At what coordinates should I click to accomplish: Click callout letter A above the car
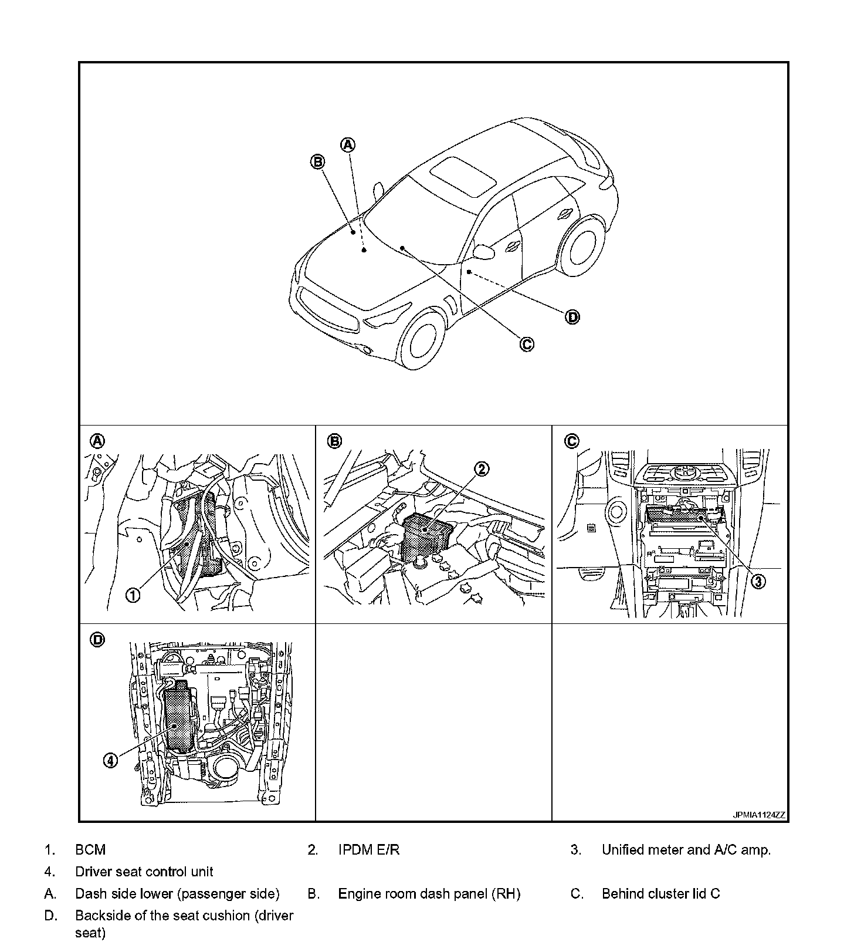348,144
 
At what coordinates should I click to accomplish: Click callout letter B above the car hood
317,162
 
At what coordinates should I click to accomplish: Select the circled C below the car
527,344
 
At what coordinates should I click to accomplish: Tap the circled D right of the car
572,318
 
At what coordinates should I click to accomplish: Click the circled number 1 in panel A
133,595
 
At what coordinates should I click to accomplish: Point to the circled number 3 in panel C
758,581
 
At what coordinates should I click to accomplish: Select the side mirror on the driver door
484,251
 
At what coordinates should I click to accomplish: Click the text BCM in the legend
90,850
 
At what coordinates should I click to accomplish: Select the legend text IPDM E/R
369,850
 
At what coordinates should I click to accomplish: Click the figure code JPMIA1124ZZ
758,815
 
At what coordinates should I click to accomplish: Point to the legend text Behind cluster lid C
660,894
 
